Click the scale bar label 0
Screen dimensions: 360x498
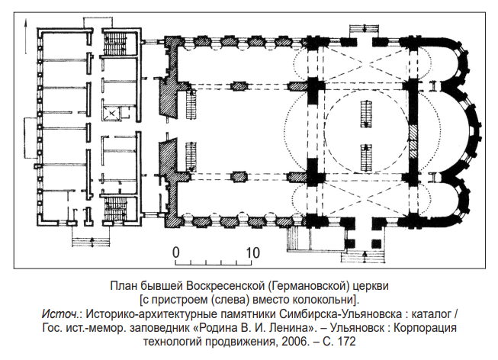pos(175,252)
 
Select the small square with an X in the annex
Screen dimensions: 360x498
pos(113,112)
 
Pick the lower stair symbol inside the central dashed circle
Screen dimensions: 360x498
pos(366,156)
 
